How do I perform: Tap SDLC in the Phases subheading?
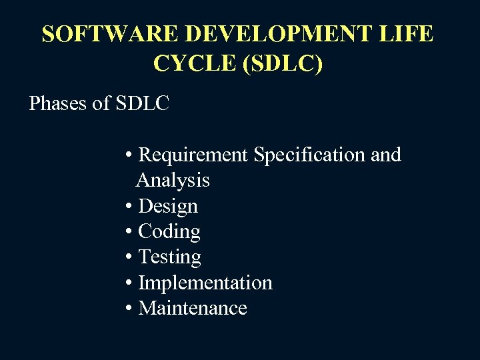pos(143,104)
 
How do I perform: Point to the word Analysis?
pos(173,181)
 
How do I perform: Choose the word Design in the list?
pos(167,206)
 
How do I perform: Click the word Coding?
pos(169,232)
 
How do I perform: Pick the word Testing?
pos(169,257)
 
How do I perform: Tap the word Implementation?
pos(205,283)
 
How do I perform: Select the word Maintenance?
pos(192,308)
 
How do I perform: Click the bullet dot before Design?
pos(128,207)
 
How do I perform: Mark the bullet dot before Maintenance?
pos(128,309)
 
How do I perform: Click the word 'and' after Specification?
pos(385,155)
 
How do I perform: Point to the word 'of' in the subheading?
pos(102,104)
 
